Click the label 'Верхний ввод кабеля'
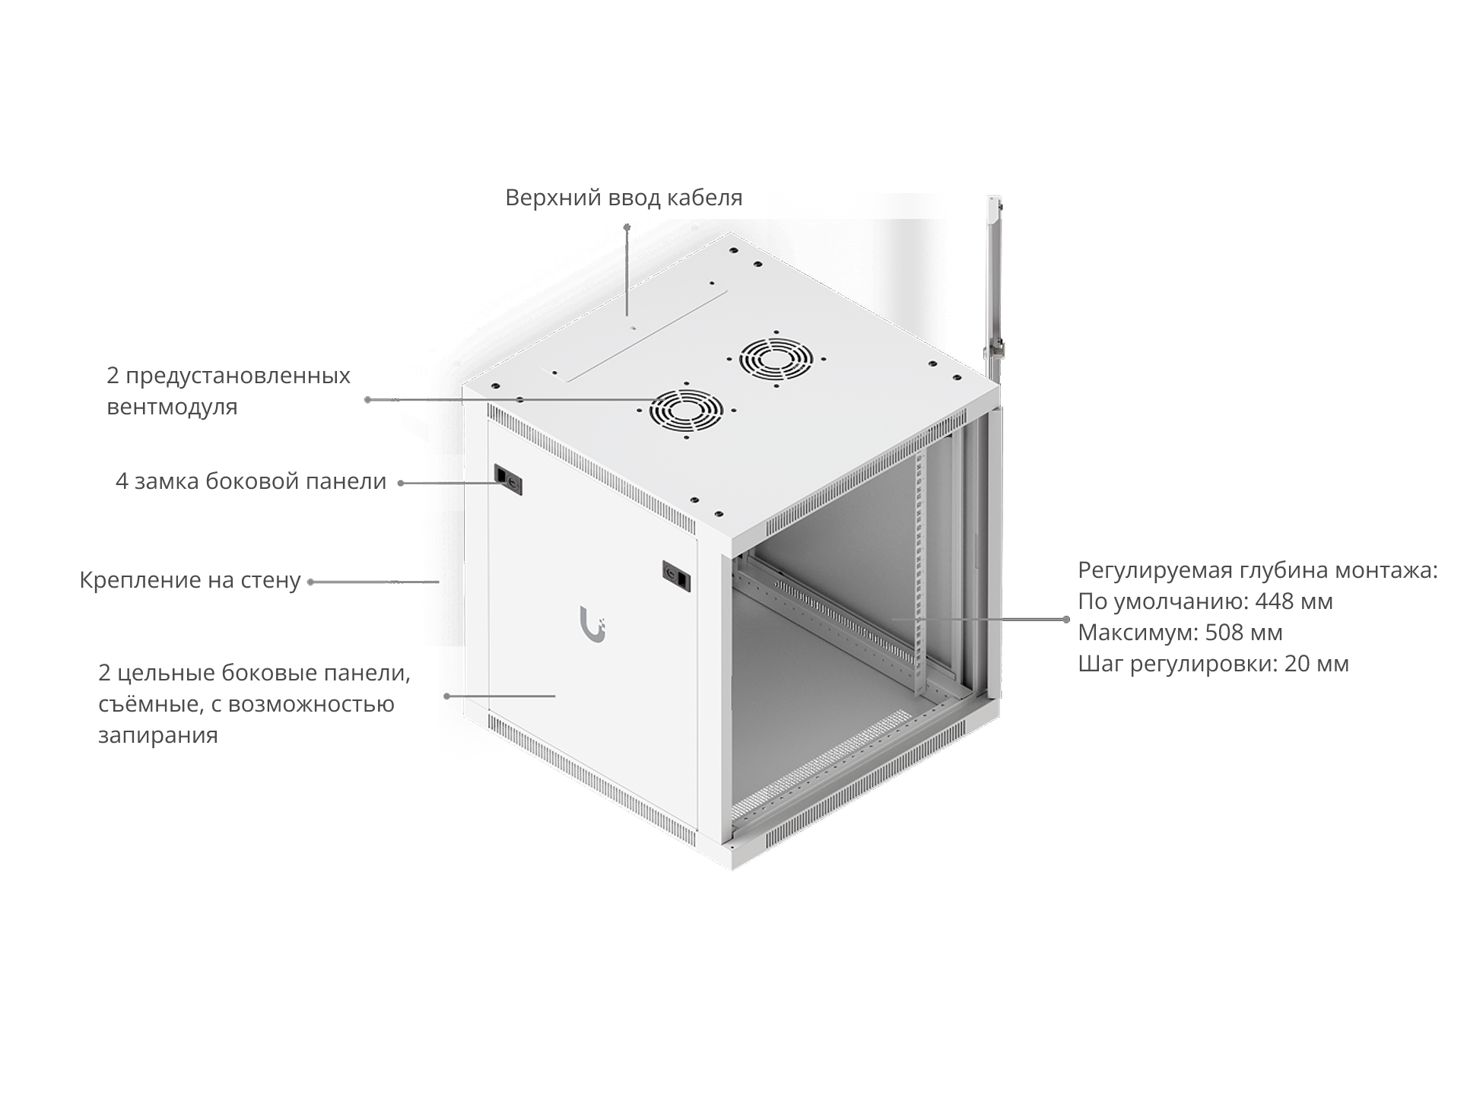pos(624,198)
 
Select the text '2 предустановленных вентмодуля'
pos(228,391)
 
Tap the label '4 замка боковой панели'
pos(251,482)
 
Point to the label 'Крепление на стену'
pos(190,581)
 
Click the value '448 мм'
pos(1294,601)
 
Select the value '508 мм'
pos(1243,633)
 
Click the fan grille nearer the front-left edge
pos(686,411)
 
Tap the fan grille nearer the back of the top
pos(776,359)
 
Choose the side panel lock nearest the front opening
pos(677,575)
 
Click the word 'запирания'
pos(158,736)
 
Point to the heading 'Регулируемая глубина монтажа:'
pos(1258,570)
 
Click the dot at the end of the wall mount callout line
pos(310,582)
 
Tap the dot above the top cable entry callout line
pos(627,227)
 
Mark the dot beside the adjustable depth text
pos(1067,620)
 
